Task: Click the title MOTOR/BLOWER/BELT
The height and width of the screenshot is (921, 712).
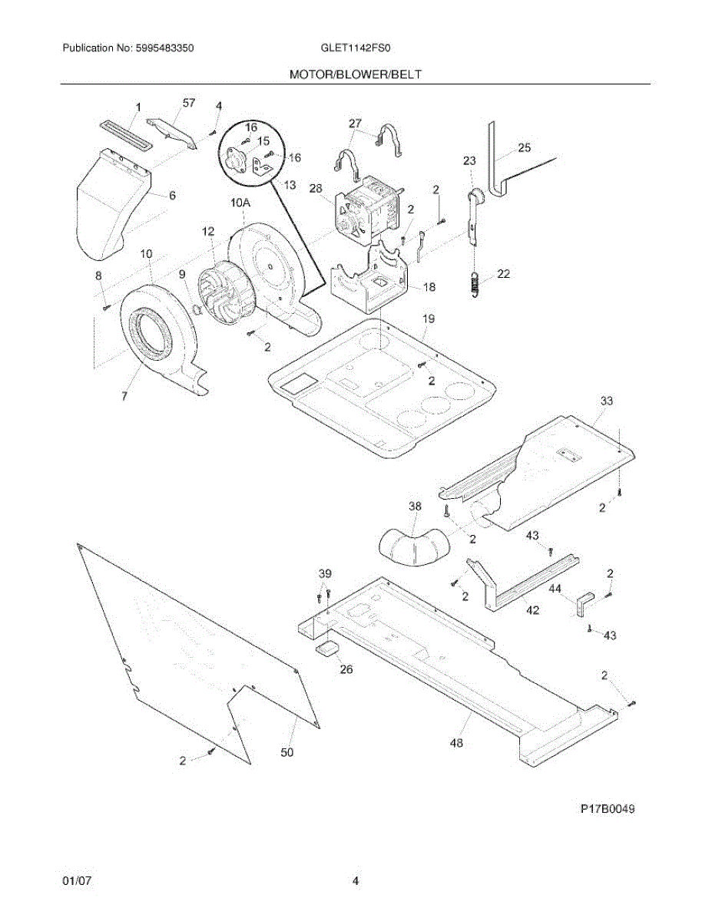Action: pyautogui.click(x=356, y=74)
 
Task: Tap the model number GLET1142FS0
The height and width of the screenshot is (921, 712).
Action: pyautogui.click(x=356, y=48)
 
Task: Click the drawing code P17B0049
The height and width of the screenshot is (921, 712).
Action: pyautogui.click(x=608, y=809)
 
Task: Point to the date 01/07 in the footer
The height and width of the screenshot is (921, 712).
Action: pyautogui.click(x=77, y=881)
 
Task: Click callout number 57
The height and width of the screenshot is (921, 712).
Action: pyautogui.click(x=190, y=103)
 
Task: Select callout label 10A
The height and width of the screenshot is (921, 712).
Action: pyautogui.click(x=240, y=203)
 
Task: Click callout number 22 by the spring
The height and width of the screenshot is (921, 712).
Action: pyautogui.click(x=503, y=273)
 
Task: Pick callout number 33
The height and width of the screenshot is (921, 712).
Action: pyautogui.click(x=607, y=401)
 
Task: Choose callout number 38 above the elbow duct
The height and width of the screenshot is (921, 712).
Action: pyautogui.click(x=415, y=507)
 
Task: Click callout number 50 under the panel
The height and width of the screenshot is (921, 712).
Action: pyautogui.click(x=286, y=753)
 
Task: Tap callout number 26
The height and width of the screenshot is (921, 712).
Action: pyautogui.click(x=346, y=669)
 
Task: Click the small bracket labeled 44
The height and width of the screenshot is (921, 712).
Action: pyautogui.click(x=585, y=603)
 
